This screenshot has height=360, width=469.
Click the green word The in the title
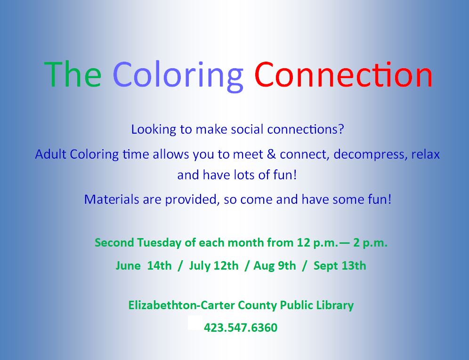[x=73, y=74]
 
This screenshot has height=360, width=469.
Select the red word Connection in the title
[x=343, y=74]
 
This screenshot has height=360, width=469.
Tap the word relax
[x=425, y=154]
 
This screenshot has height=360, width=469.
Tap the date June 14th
[x=144, y=265]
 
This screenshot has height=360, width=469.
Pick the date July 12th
[x=213, y=265]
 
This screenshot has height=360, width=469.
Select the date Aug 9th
[x=275, y=265]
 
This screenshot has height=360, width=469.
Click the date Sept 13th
[x=340, y=265]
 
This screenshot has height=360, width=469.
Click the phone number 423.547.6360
[x=241, y=328]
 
